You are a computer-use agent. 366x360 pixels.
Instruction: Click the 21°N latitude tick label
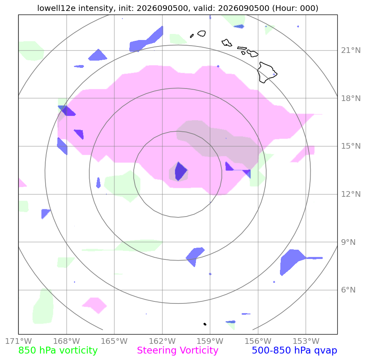tap(351, 50)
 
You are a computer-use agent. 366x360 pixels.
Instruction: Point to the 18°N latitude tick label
tap(351, 98)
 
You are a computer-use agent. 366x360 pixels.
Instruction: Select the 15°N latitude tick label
tap(351, 146)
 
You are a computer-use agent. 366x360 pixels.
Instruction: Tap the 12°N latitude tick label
tap(351, 194)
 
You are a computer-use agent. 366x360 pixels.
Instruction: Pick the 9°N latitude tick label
tap(348, 242)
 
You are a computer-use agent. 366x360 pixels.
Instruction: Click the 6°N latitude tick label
tap(348, 290)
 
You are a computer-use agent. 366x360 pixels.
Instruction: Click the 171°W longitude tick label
tap(19, 341)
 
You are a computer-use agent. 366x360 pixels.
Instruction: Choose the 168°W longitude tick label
tap(67, 341)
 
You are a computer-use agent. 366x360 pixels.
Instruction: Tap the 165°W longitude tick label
tap(114, 341)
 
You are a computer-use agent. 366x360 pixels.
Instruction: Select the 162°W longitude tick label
tap(162, 341)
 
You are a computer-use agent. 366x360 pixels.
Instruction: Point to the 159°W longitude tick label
tap(210, 341)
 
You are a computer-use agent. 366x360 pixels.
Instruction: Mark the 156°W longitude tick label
tap(258, 341)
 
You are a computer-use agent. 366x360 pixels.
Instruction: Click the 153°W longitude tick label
tap(306, 341)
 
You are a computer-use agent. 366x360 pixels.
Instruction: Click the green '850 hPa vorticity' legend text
tap(58, 350)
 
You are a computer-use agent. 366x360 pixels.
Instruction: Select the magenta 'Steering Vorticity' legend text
tap(178, 350)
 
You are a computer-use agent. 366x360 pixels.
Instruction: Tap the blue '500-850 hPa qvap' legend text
tap(294, 350)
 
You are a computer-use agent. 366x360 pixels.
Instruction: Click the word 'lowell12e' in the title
tap(57, 8)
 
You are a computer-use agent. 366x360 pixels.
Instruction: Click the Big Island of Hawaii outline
tap(267, 72)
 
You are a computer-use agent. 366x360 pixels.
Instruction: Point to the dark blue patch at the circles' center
tap(181, 171)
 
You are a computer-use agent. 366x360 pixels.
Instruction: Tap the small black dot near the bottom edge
tap(205, 324)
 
